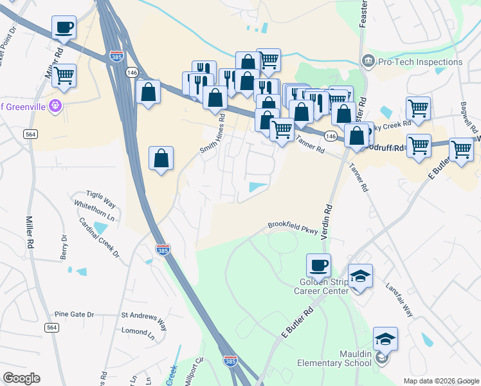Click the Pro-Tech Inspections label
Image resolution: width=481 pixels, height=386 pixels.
point(420,62)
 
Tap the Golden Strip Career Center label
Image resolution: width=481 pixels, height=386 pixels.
point(322,286)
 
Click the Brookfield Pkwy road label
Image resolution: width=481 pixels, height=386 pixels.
point(293,226)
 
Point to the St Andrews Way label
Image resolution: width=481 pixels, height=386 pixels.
point(143,317)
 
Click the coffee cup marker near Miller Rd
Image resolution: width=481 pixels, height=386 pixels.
point(64,28)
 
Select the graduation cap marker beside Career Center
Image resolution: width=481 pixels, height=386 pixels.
point(360,276)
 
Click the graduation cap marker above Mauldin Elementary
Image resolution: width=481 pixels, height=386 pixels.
point(385,338)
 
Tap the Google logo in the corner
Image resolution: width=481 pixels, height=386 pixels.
point(21,378)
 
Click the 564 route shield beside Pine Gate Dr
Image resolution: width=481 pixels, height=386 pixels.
point(52,327)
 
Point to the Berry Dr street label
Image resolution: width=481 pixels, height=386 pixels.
point(64,248)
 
